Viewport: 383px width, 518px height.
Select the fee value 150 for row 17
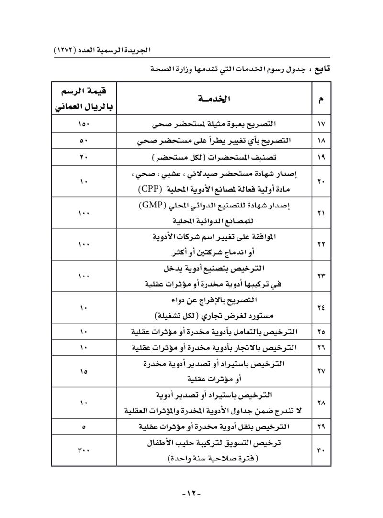[x=84, y=125]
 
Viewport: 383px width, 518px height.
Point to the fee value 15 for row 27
[x=84, y=371]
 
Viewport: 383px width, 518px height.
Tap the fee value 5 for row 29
[x=84, y=426]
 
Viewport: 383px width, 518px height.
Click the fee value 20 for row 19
[x=84, y=157]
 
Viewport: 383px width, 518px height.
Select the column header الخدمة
[x=214, y=99]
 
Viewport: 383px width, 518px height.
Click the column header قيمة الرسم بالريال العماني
[x=84, y=99]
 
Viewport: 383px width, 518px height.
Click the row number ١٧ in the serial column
[x=321, y=125]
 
